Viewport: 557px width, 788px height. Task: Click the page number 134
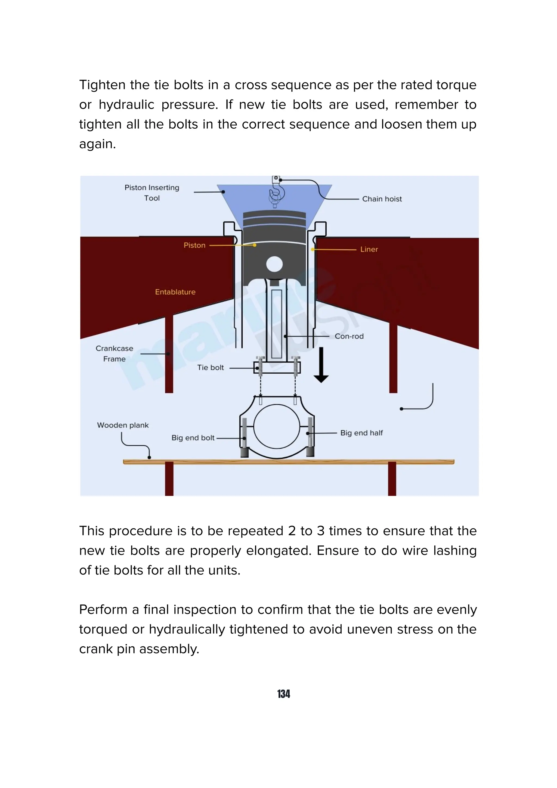[283, 694]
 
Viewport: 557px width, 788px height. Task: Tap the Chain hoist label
[382, 199]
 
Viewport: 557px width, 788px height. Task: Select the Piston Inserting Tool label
[152, 193]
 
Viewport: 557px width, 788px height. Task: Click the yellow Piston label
[194, 245]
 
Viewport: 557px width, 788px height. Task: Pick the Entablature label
[175, 292]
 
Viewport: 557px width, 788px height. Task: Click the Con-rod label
[349, 336]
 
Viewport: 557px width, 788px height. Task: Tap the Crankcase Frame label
[114, 353]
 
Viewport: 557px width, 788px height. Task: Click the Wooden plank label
[123, 425]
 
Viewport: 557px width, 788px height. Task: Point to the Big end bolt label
[193, 438]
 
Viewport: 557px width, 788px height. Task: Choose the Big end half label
[361, 433]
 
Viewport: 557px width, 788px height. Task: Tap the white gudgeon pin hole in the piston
[274, 264]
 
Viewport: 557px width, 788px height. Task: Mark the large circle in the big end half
[276, 426]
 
